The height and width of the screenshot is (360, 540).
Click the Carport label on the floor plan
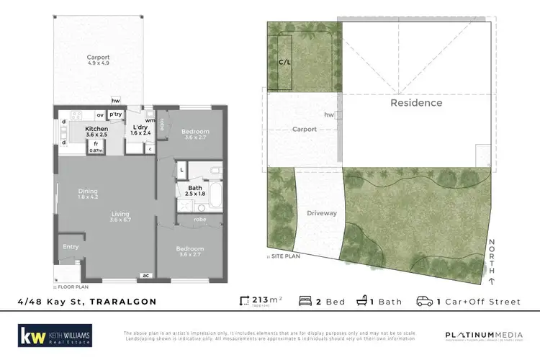click(98, 58)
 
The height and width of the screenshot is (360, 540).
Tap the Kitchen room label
click(96, 129)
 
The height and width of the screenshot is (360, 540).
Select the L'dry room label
click(140, 128)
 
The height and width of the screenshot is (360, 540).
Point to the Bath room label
click(195, 189)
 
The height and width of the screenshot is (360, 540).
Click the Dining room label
click(89, 192)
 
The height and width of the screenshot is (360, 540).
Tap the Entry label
click(71, 247)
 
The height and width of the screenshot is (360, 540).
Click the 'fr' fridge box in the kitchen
click(96, 145)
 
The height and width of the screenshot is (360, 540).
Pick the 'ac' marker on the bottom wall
click(145, 275)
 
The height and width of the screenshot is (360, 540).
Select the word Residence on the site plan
click(416, 103)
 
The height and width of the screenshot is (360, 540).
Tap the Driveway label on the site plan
click(321, 213)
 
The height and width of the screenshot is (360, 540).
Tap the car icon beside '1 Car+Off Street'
click(424, 300)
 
